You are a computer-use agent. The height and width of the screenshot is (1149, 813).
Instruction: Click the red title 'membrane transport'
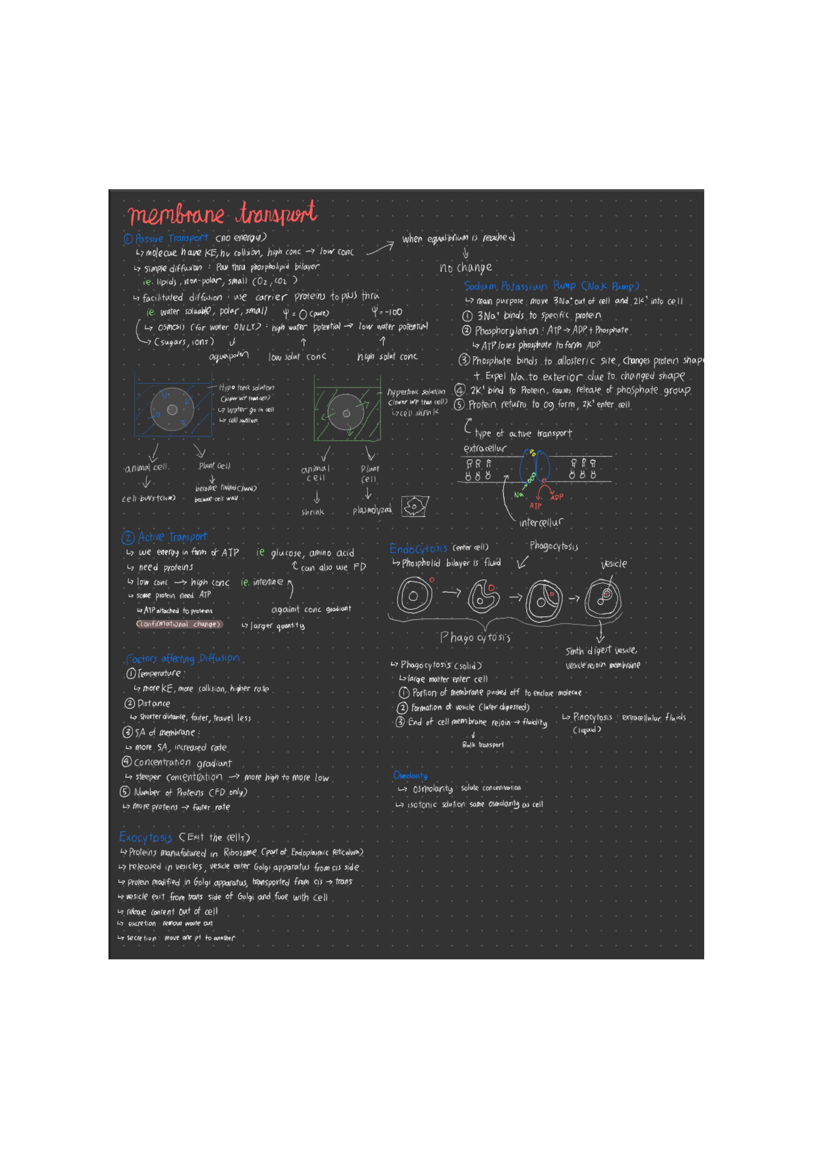pyautogui.click(x=222, y=214)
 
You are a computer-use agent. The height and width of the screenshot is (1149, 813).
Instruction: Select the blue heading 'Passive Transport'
pyautogui.click(x=171, y=238)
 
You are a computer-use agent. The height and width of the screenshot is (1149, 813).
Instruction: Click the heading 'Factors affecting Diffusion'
pyautogui.click(x=183, y=659)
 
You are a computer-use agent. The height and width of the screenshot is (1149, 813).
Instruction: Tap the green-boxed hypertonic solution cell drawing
pyautogui.click(x=347, y=408)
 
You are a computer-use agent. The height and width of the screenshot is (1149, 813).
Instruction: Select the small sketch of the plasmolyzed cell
pyautogui.click(x=415, y=506)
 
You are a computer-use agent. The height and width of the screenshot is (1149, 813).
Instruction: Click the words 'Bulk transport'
pyautogui.click(x=483, y=744)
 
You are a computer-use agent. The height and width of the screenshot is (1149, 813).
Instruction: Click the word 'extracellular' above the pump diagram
pyautogui.click(x=485, y=448)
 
